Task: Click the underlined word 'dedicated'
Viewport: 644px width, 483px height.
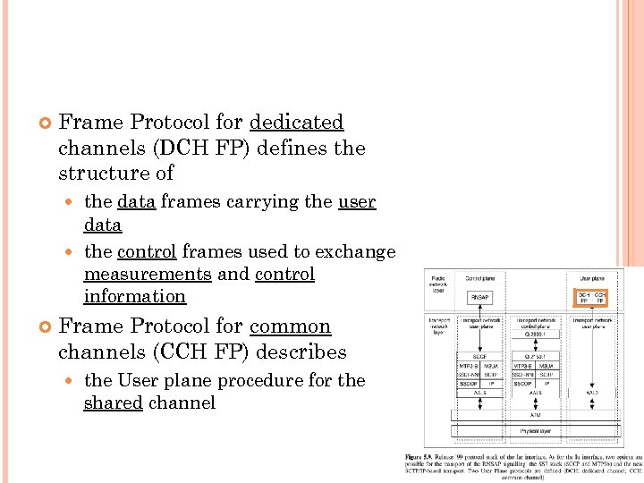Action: click(296, 122)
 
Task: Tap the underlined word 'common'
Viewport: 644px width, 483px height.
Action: click(290, 326)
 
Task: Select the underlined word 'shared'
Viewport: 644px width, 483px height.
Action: click(113, 402)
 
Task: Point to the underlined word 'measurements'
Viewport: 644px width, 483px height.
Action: click(148, 274)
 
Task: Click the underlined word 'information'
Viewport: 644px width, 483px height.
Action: click(134, 296)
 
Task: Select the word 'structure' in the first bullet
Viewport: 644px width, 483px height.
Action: click(102, 173)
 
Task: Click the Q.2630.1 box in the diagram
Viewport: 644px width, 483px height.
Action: click(534, 335)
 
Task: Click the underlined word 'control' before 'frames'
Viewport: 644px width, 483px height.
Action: click(148, 251)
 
